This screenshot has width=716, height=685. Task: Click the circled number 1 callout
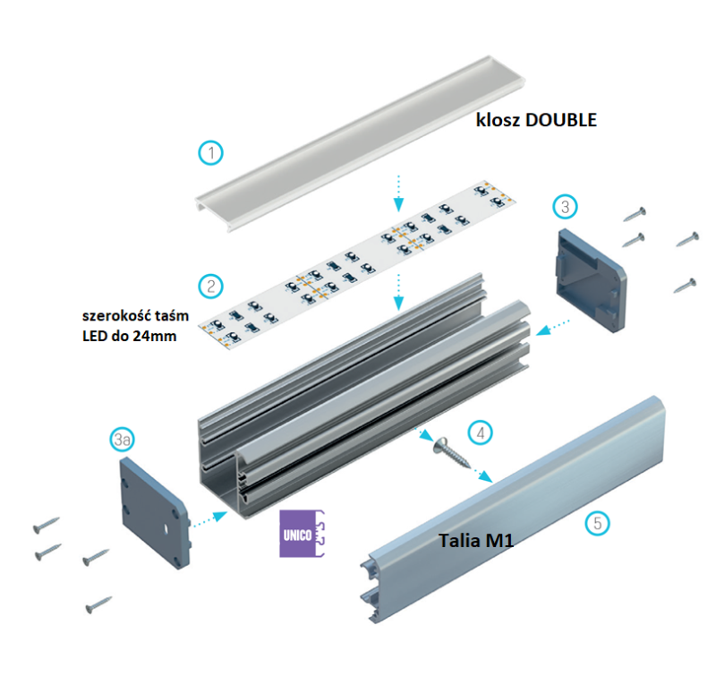(x=210, y=153)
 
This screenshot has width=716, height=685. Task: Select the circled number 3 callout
(x=564, y=206)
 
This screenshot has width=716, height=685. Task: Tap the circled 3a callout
(x=123, y=439)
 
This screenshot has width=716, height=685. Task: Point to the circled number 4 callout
(x=482, y=432)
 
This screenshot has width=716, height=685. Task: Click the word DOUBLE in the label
(x=560, y=121)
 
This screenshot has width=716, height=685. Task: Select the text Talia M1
(x=475, y=541)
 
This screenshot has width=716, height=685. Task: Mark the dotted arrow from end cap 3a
(x=209, y=516)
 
